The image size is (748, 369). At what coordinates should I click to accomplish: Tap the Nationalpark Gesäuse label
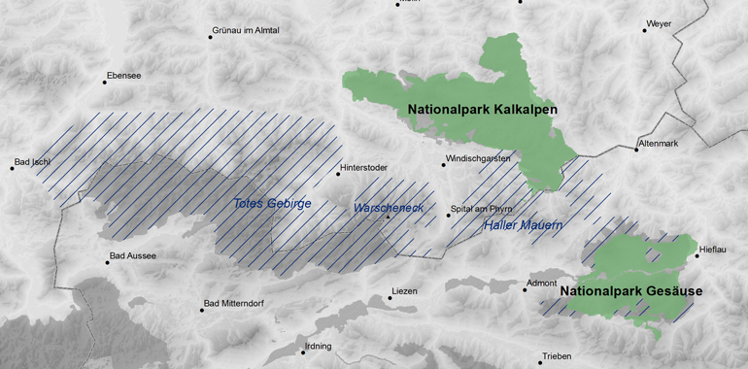630,290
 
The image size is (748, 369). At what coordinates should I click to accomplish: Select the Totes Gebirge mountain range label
273,204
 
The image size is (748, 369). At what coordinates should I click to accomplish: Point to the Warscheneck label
388,209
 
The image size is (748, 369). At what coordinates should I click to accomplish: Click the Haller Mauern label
524,226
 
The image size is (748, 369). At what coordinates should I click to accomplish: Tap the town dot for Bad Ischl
13,169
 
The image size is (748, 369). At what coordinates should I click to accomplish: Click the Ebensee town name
123,75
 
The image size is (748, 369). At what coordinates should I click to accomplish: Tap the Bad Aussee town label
133,256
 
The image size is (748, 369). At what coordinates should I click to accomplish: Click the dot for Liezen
390,298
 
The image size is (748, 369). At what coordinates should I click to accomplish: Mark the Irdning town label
318,347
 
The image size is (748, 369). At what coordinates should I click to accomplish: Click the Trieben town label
558,355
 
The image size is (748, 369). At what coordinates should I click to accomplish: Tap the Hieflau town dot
696,256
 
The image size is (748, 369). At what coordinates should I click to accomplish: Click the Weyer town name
659,23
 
